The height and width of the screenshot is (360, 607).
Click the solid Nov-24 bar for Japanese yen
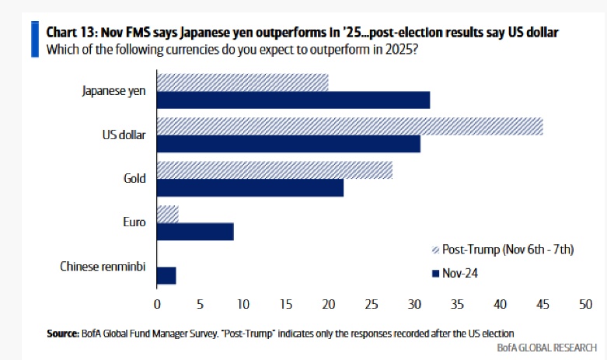[x=293, y=100]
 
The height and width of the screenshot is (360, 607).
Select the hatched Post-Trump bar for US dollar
[x=350, y=126]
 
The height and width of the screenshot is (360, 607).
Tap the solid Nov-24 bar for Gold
[x=249, y=187]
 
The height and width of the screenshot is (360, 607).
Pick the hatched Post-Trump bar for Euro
[x=167, y=214]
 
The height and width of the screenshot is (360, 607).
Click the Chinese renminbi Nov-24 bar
[x=166, y=275]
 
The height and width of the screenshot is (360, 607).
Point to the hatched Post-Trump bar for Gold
[x=274, y=170]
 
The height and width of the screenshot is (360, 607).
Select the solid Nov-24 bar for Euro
[x=195, y=232]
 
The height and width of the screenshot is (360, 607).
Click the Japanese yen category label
[x=114, y=91]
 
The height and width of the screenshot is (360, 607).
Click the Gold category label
[x=135, y=179]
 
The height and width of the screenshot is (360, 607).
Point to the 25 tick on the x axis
[x=371, y=303]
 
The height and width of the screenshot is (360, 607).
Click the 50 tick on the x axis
[x=584, y=303]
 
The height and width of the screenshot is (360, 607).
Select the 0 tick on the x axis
[x=157, y=303]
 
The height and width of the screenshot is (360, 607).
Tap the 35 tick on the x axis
[x=456, y=303]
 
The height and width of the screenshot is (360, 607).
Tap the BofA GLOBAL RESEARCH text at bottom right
[x=546, y=348]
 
